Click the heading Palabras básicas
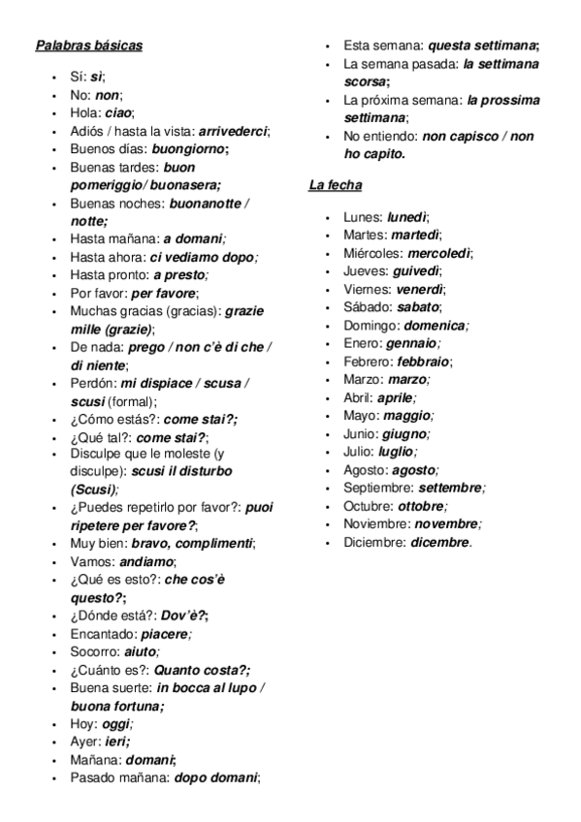pos(88,46)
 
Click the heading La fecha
pos(335,184)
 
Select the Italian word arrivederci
pos(233,131)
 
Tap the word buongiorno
pos(187,149)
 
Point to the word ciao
pos(118,112)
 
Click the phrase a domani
pos(192,238)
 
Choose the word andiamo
pos(146,561)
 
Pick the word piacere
pos(158,634)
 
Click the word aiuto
pos(141,651)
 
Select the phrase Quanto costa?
pos(201,670)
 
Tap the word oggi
pos(115,724)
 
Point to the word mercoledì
pos(438,253)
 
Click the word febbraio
pos(424,362)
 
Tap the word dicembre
pos(439,542)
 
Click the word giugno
pos(403,433)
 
